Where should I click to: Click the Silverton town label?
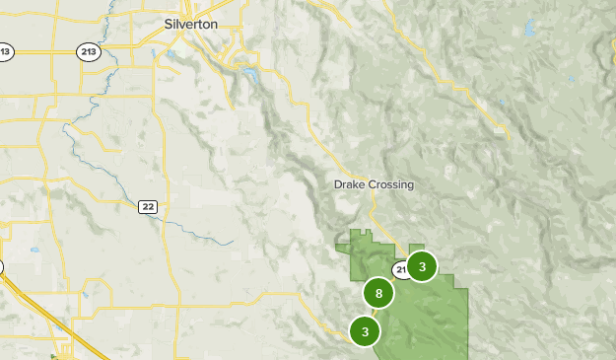pyautogui.click(x=191, y=24)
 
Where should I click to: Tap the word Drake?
pyautogui.click(x=350, y=184)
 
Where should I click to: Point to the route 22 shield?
pyautogui.click(x=148, y=205)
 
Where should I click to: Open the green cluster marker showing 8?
pyautogui.click(x=378, y=293)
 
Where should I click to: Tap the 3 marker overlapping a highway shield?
pyautogui.click(x=422, y=266)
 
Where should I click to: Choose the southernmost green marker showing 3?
pyautogui.click(x=365, y=331)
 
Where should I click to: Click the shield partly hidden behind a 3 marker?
pyautogui.click(x=401, y=269)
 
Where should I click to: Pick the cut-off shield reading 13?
pyautogui.click(x=5, y=51)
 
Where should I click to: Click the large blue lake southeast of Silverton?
pyautogui.click(x=250, y=74)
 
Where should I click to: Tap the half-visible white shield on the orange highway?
pyautogui.click(x=1, y=266)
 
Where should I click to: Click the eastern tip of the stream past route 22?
pyautogui.click(x=232, y=242)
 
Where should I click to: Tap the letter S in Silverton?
pyautogui.click(x=169, y=24)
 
